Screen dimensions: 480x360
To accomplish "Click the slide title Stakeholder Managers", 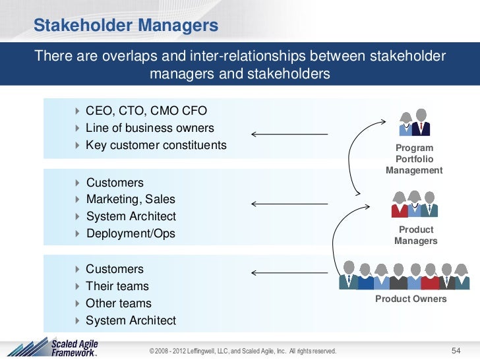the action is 125,26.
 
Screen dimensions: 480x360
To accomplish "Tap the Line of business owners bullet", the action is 150,127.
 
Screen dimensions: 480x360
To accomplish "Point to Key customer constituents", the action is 156,144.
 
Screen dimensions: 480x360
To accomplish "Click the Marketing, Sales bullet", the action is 131,199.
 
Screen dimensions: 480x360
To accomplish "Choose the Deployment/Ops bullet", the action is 131,233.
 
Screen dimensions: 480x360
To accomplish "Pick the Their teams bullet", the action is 117,286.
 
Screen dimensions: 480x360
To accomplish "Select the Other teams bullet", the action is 119,303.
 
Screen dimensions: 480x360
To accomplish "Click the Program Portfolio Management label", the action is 414,159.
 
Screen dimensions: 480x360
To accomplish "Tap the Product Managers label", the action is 415,235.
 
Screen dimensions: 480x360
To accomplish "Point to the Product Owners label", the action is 411,299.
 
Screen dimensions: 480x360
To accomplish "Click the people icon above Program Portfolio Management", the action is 415,123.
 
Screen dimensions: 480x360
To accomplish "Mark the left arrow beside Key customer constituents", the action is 289,135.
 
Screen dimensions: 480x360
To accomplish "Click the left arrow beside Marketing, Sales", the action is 289,203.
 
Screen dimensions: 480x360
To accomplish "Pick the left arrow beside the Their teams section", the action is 289,272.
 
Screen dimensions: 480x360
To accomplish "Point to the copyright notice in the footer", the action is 243,349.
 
